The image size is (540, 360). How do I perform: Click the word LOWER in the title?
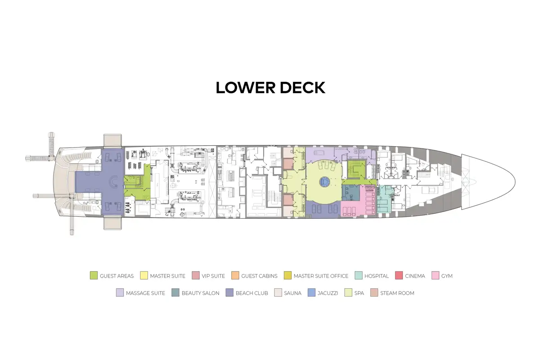click(245, 88)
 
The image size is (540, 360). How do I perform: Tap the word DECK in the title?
click(302, 88)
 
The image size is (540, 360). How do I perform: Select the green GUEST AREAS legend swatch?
click(94, 275)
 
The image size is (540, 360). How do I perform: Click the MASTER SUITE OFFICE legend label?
click(321, 276)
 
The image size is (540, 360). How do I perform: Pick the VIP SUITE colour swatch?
click(196, 275)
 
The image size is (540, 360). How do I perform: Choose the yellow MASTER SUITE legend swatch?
click(144, 275)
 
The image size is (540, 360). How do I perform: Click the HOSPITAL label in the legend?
click(377, 276)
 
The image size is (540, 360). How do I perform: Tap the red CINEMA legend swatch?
click(399, 275)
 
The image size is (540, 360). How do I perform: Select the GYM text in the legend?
click(447, 276)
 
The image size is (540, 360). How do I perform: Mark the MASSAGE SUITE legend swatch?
click(120, 293)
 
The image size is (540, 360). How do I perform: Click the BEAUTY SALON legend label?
click(201, 293)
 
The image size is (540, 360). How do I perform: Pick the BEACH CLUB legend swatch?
click(229, 293)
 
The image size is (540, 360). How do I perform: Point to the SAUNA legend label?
click(292, 293)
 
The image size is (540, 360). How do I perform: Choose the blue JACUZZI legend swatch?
click(311, 293)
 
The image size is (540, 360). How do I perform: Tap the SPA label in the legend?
click(359, 293)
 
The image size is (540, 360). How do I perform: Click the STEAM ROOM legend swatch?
click(374, 293)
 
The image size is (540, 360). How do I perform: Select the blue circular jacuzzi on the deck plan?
click(324, 181)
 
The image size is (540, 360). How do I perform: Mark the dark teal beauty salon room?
click(351, 193)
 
